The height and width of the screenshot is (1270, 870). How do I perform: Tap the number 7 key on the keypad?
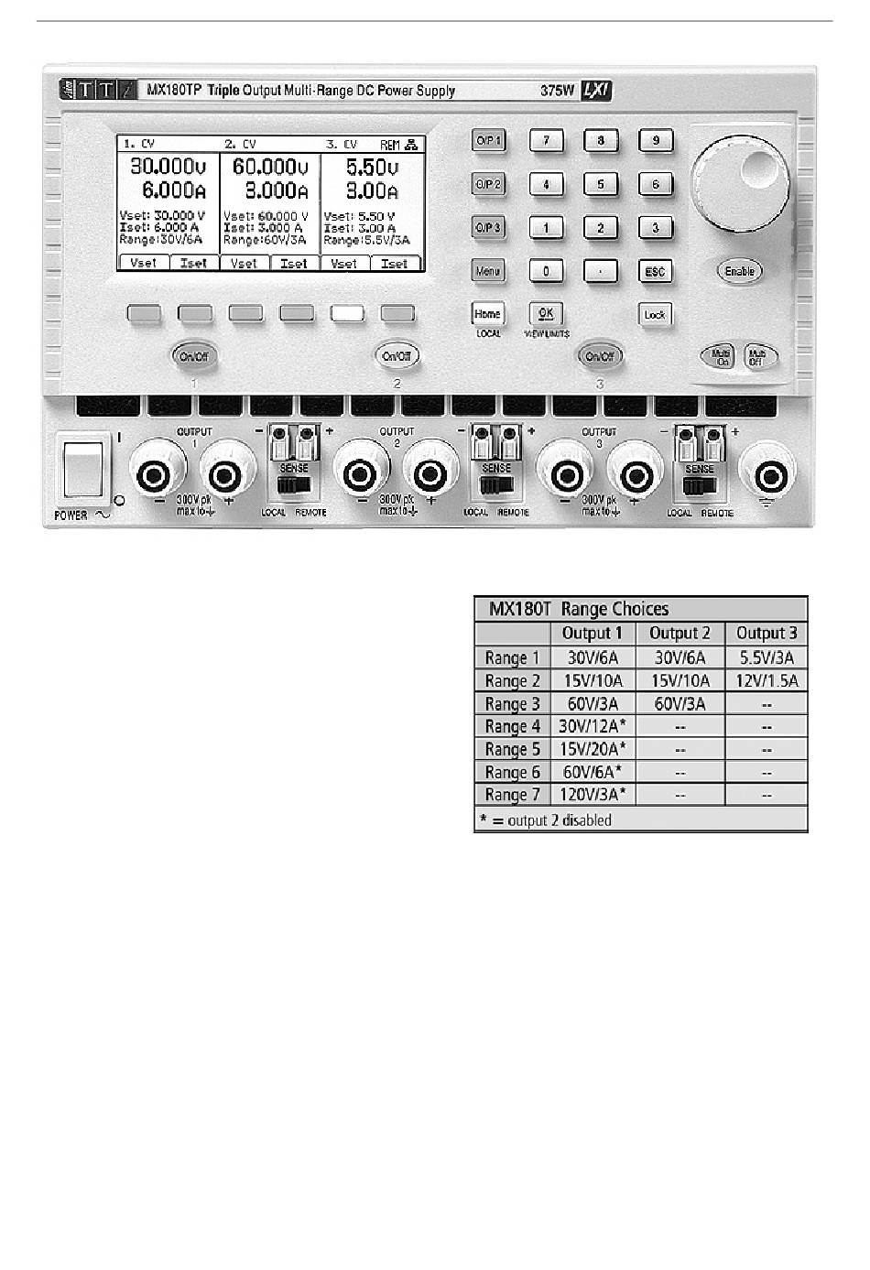[546, 141]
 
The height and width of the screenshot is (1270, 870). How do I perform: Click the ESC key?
[655, 272]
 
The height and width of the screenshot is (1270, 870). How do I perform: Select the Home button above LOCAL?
[488, 314]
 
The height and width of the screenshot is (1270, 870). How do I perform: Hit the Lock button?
[655, 315]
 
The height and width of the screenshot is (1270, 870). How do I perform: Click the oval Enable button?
[739, 271]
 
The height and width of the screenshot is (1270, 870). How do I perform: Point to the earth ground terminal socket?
[768, 473]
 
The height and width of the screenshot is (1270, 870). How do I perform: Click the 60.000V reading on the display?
[269, 167]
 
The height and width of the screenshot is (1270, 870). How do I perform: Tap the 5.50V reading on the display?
[372, 167]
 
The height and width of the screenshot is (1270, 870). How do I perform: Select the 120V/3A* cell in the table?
[592, 795]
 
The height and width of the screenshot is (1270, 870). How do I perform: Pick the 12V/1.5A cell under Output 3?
[767, 680]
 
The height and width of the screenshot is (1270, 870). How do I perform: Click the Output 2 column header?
[680, 633]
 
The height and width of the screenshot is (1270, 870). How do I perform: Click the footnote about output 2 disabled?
[546, 820]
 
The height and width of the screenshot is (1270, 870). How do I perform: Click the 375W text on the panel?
[558, 91]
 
